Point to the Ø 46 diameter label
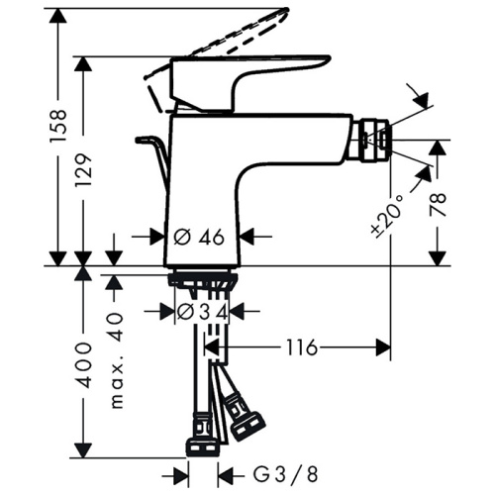pos(202,237)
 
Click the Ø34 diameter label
pos(202,312)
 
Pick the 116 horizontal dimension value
pos(302,347)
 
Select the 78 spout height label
pos(440,205)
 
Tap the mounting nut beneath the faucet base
pos(202,281)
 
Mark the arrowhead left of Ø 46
pos(155,237)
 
